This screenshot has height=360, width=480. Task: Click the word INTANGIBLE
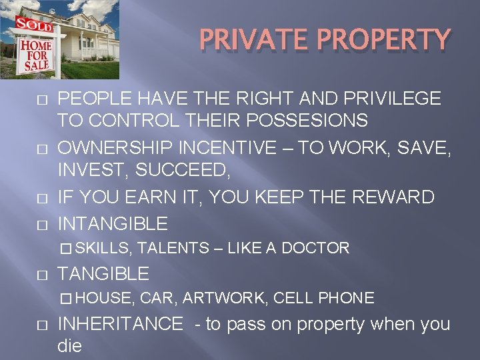coord(113,222)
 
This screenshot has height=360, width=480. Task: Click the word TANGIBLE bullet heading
coord(104,273)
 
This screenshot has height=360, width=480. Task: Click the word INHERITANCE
coord(121,324)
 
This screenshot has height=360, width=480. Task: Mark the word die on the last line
coord(71,347)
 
